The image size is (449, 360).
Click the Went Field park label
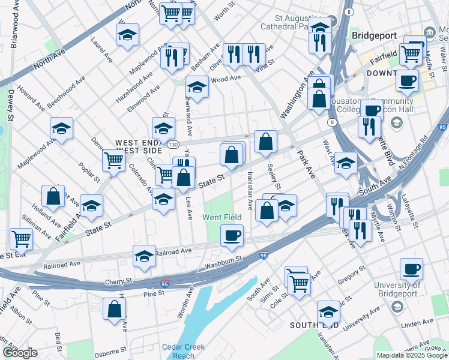(x=221, y=217)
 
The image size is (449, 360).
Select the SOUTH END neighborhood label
(x=315, y=325)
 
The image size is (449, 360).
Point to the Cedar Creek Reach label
(x=183, y=351)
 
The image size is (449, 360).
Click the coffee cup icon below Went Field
(x=232, y=235)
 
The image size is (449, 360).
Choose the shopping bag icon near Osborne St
(x=114, y=309)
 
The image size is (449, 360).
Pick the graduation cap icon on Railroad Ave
(x=144, y=256)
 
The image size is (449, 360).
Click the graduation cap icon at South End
(x=328, y=311)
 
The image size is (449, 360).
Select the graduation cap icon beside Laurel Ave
(x=127, y=34)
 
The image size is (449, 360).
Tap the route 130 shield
(x=173, y=145)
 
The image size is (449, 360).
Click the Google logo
(x=20, y=353)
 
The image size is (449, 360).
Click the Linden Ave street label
(x=412, y=325)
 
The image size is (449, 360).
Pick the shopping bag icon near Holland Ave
(x=53, y=196)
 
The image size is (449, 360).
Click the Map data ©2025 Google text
(x=411, y=355)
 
